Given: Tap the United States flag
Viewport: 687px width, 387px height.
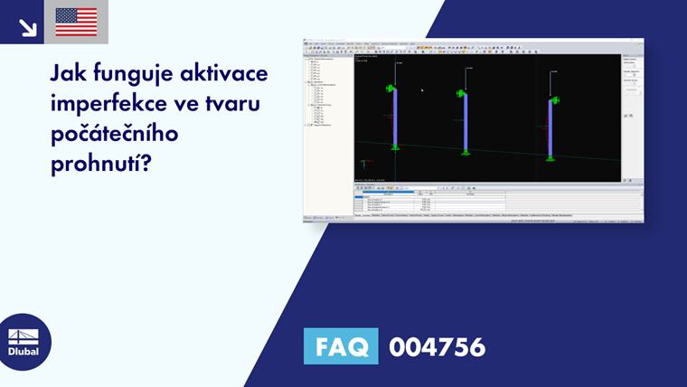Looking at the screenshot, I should tap(76, 22).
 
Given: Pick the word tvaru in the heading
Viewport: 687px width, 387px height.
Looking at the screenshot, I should tap(230, 105).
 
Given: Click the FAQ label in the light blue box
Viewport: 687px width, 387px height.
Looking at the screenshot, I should tap(341, 346).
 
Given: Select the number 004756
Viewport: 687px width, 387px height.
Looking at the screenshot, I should tap(438, 346).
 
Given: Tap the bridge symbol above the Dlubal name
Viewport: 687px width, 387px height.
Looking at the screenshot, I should tap(24, 335).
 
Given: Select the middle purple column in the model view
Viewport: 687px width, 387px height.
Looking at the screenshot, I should tap(465, 121).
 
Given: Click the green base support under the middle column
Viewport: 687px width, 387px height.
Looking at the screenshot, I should tap(465, 152).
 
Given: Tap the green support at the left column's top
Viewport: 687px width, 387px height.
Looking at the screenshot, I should tap(391, 89).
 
